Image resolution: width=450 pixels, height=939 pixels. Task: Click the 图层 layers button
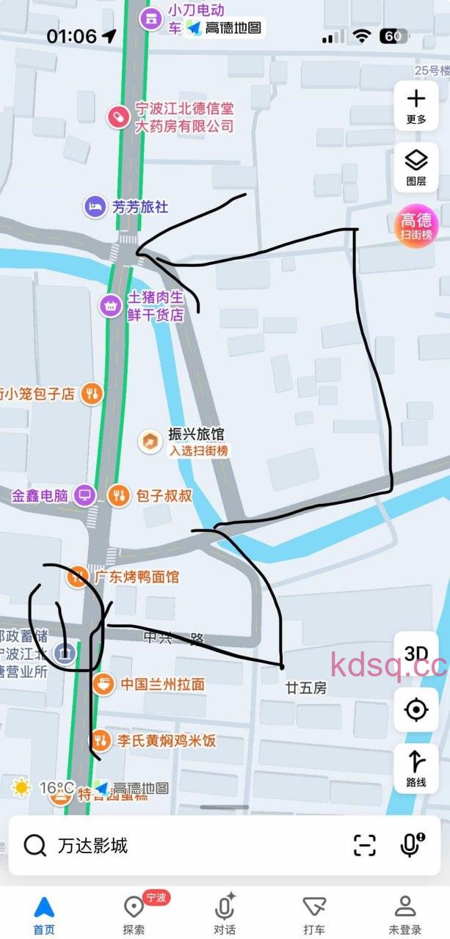pos(416,167)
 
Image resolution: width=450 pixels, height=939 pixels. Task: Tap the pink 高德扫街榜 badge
pos(416,225)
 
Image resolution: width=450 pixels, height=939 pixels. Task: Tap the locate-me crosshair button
pos(416,709)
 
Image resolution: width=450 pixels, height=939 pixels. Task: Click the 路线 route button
pos(416,768)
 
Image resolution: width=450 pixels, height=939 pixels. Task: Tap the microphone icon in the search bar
pos(412,845)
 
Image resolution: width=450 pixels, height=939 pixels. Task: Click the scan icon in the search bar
pos(365,845)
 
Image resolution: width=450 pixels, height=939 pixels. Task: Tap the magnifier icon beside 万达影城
pos(35,846)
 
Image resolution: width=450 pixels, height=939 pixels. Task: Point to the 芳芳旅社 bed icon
pos(95,207)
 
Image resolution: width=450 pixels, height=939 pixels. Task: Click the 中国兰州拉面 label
pos(162,684)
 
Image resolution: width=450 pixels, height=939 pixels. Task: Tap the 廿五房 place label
pos(306,688)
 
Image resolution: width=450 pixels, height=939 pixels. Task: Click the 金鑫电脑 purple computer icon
pos(85,495)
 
